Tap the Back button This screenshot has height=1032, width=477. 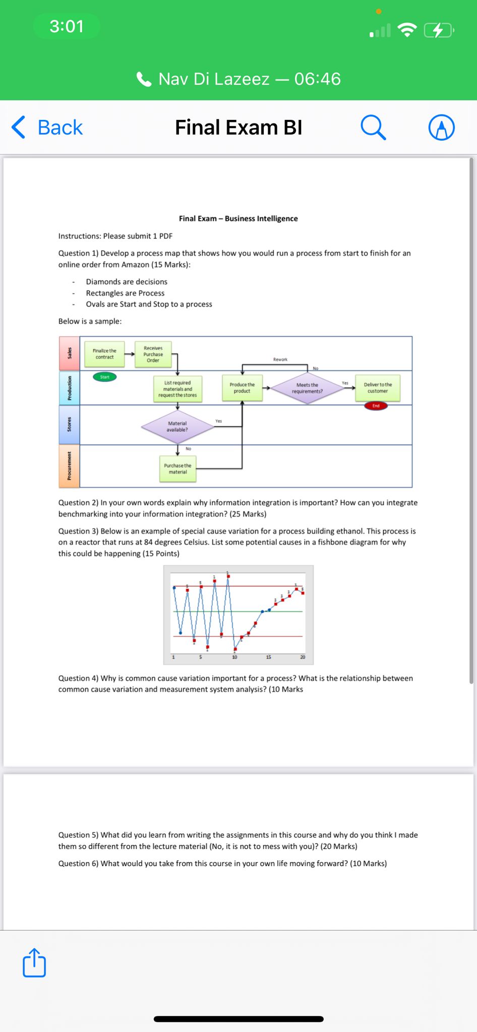pos(47,127)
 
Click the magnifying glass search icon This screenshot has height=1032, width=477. pos(373,127)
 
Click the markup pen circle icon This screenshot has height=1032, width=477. pos(441,127)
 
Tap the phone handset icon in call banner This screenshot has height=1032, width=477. pos(144,79)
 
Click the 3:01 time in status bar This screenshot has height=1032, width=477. pos(67,26)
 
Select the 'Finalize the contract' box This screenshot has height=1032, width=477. pos(104,354)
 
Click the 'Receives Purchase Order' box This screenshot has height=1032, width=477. pos(153,354)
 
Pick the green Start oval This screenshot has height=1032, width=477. pos(104,377)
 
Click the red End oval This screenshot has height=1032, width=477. pos(376,406)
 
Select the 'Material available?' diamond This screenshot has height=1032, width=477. pos(177,426)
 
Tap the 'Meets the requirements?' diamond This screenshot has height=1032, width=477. pos(307,388)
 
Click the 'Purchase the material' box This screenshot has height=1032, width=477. pos(177,469)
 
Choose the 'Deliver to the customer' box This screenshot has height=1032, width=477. pos(378,388)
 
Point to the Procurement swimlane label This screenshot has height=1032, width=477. pos(70,466)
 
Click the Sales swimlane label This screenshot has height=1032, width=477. pos(70,353)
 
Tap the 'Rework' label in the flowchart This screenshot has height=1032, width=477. pos(280,359)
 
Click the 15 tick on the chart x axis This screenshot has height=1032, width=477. pos(268,657)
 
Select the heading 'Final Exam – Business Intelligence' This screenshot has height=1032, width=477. pos(238,218)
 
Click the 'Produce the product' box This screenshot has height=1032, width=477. pos(242,388)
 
